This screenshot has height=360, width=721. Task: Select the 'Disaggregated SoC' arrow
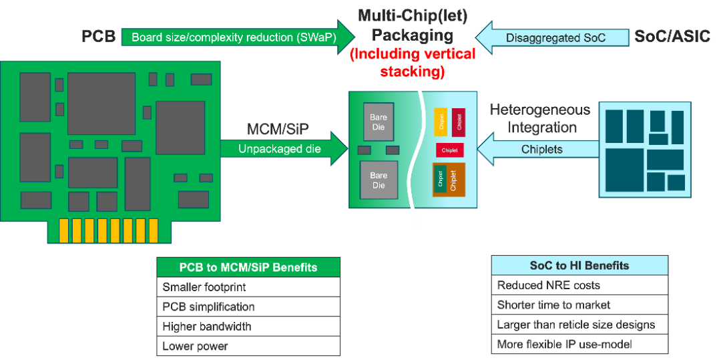coord(555,37)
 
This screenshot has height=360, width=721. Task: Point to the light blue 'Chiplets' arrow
coord(541,149)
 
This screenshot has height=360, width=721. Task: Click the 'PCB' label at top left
coord(98,36)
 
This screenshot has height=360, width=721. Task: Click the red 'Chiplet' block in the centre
coord(450,150)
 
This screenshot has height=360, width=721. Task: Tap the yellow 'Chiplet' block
coord(441,122)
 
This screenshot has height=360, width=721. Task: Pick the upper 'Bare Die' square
coord(379,122)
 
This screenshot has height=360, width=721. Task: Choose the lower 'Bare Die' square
coord(379,180)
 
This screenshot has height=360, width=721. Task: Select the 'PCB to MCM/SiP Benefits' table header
coord(248,267)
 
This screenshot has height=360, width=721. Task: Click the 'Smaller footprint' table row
coord(248,287)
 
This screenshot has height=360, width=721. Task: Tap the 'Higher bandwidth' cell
coord(248,327)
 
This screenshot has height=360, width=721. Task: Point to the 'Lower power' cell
coord(248,346)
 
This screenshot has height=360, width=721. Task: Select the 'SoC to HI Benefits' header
coord(579,265)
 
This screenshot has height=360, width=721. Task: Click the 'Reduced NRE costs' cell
coord(579,285)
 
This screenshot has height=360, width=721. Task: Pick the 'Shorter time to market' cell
coord(579,305)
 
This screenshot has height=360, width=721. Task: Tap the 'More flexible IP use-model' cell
coord(579,344)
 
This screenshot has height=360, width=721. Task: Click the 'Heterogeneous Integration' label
coord(540,118)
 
